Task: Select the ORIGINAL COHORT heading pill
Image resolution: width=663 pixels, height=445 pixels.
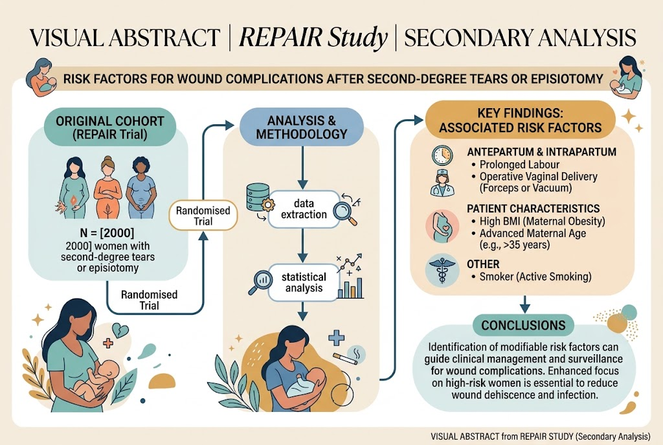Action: click(x=110, y=128)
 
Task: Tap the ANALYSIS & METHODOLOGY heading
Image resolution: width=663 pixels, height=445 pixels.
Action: click(x=302, y=128)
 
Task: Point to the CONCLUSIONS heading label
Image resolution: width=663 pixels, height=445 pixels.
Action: click(x=523, y=325)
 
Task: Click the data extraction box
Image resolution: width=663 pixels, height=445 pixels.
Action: click(x=304, y=209)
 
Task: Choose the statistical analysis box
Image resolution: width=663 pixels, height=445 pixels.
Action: click(x=304, y=282)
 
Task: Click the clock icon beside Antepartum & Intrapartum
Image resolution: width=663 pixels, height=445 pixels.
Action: click(x=442, y=155)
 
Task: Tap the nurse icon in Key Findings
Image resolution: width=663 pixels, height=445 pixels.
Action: click(x=442, y=182)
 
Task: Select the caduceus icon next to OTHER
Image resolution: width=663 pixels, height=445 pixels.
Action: click(x=442, y=270)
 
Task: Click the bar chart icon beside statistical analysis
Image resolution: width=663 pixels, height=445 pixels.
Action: click(x=350, y=288)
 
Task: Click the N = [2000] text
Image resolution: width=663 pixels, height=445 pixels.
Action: click(x=107, y=233)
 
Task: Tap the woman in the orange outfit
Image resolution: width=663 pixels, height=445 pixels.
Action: click(x=107, y=187)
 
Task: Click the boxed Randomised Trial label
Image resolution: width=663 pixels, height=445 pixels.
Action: click(x=203, y=216)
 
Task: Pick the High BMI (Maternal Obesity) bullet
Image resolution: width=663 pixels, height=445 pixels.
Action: click(x=538, y=222)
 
